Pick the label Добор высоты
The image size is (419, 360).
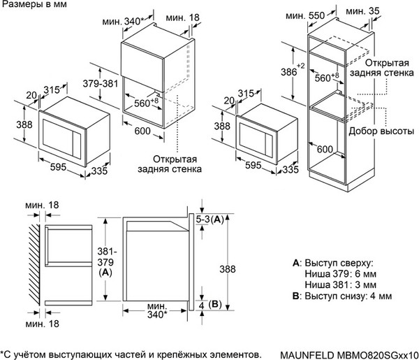point(383,133)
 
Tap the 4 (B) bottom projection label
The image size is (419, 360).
point(209,305)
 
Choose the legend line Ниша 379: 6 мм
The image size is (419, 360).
point(339,274)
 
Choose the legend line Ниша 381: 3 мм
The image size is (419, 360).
point(339,285)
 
